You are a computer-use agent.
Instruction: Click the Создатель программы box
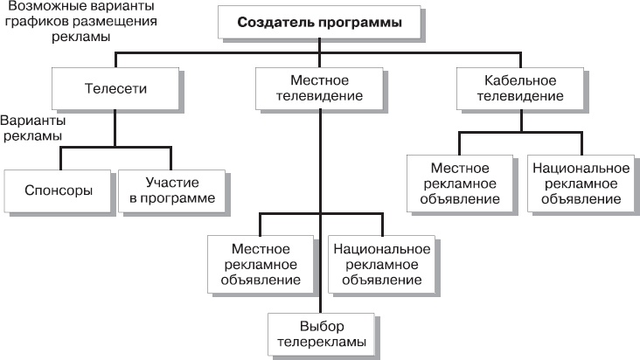(319, 24)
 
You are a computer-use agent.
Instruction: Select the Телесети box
(115, 88)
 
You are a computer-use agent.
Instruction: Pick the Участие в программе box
(171, 191)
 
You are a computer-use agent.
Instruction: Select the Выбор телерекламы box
(320, 334)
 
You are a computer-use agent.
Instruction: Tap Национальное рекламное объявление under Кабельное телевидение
(579, 183)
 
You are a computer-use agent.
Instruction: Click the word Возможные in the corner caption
(39, 8)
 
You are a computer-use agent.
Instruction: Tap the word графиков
(38, 23)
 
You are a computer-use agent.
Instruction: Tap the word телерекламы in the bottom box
(320, 342)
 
